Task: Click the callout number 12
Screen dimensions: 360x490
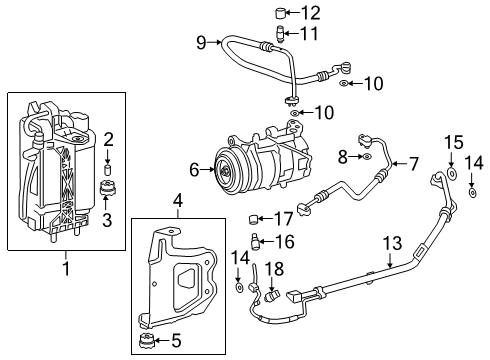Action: coord(312,12)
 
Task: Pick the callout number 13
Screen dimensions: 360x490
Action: coord(390,240)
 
